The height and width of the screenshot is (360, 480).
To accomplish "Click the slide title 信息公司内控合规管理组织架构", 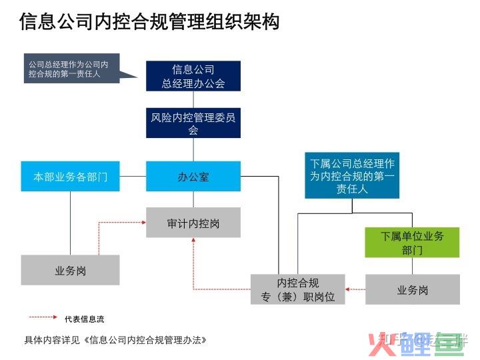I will (x=149, y=21).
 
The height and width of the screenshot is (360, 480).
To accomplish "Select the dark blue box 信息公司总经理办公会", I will (x=193, y=77).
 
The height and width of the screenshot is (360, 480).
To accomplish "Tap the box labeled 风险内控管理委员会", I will (x=193, y=123).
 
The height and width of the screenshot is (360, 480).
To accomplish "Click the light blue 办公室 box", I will (x=193, y=177).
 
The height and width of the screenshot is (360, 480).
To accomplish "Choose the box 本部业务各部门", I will (x=71, y=177).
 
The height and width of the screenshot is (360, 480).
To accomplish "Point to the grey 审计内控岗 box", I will (x=193, y=223).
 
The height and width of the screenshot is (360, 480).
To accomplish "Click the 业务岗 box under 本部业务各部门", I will (x=71, y=270).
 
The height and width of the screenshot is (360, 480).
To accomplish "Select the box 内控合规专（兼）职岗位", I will (x=298, y=289).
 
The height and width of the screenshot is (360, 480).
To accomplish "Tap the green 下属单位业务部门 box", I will (x=412, y=243).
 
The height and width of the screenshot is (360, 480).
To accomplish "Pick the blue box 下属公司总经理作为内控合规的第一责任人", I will (x=352, y=175).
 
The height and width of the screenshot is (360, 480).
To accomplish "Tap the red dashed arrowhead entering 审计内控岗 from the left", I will (x=143, y=223).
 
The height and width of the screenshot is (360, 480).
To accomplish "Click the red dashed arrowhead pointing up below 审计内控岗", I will (x=193, y=241).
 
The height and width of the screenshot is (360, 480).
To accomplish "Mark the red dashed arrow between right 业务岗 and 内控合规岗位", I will (x=356, y=289).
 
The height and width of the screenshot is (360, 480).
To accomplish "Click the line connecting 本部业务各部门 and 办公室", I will (x=133, y=177).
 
